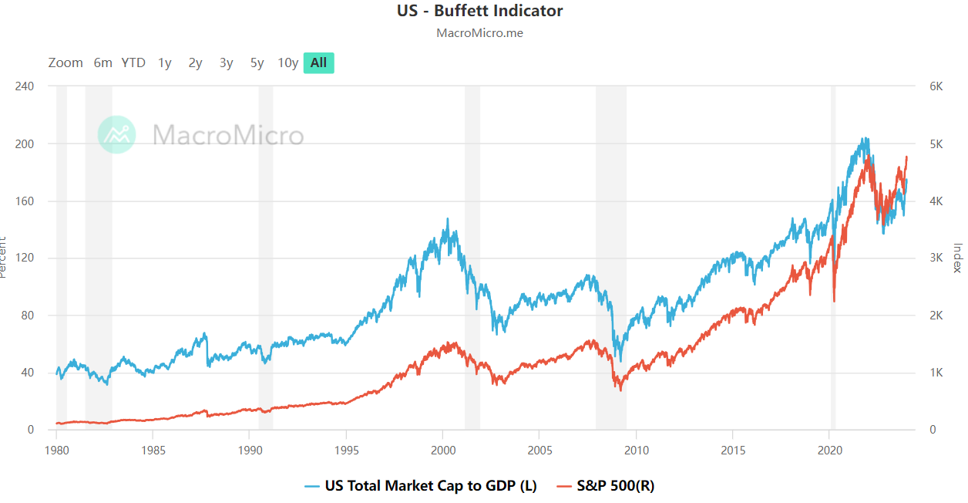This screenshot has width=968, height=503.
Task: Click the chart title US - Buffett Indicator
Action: pyautogui.click(x=479, y=11)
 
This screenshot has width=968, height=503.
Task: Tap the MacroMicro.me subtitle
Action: pyautogui.click(x=479, y=33)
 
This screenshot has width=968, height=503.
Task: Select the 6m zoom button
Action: pyautogui.click(x=103, y=63)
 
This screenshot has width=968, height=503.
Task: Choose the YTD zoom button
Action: pyautogui.click(x=133, y=63)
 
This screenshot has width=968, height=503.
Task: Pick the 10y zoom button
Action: pyautogui.click(x=287, y=63)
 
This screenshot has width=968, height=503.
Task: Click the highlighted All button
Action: pyautogui.click(x=318, y=63)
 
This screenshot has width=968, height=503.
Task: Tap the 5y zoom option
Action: pyautogui.click(x=257, y=63)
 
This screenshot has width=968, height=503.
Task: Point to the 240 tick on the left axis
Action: pyautogui.click(x=25, y=86)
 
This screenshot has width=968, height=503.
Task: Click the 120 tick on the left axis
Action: pyautogui.click(x=25, y=258)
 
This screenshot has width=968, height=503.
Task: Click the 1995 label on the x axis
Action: pyautogui.click(x=346, y=449)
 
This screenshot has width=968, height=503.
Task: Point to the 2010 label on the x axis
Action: pyautogui.click(x=636, y=449)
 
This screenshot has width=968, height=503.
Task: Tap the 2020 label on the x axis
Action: pyautogui.click(x=829, y=449)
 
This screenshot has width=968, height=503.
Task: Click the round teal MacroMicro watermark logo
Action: pyautogui.click(x=117, y=135)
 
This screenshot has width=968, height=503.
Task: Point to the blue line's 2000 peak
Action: pyautogui.click(x=448, y=219)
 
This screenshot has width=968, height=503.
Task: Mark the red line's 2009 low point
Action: pyautogui.click(x=620, y=390)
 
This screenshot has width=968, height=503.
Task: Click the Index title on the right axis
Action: pyautogui.click(x=958, y=258)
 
